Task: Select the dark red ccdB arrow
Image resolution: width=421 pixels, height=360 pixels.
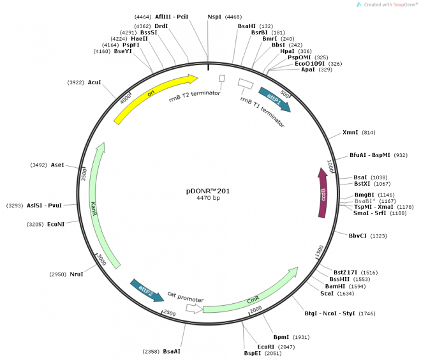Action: point(323,191)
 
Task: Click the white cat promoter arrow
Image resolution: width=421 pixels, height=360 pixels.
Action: point(192,308)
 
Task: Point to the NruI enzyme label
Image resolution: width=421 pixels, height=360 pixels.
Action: point(76,274)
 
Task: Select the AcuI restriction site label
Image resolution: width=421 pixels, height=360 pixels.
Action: point(94,82)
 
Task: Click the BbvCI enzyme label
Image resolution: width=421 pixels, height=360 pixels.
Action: point(358,236)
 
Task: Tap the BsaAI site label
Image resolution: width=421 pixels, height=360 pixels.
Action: point(172,351)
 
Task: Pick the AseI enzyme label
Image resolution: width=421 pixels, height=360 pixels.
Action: point(57,165)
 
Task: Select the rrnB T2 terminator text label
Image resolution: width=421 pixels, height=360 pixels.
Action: point(194,96)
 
